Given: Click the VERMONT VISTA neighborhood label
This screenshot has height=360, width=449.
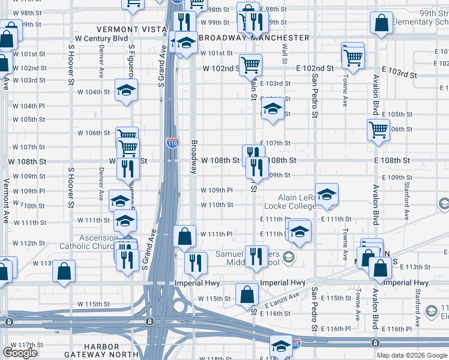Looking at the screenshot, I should click(x=133, y=29).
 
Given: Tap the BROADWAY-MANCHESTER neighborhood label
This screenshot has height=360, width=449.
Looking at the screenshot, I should click(x=254, y=38).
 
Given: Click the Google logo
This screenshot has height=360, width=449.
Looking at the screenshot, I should click(x=20, y=353).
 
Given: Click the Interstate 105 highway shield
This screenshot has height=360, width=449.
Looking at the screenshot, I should click(x=297, y=343).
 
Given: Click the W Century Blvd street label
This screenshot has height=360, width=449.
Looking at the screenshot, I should click(x=106, y=38).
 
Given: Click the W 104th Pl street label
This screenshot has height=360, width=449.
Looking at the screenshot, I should click(x=28, y=106).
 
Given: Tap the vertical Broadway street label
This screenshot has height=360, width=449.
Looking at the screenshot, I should click(x=194, y=157).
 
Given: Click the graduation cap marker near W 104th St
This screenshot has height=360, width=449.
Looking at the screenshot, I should click(x=127, y=89).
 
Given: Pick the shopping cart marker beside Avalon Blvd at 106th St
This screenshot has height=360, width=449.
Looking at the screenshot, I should click(x=378, y=129).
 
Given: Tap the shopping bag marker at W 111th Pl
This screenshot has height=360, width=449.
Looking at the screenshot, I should click(x=184, y=236).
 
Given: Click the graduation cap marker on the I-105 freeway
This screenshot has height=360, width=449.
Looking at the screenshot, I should click(x=280, y=345).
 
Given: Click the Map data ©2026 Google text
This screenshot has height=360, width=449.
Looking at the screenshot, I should click(x=412, y=355).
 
